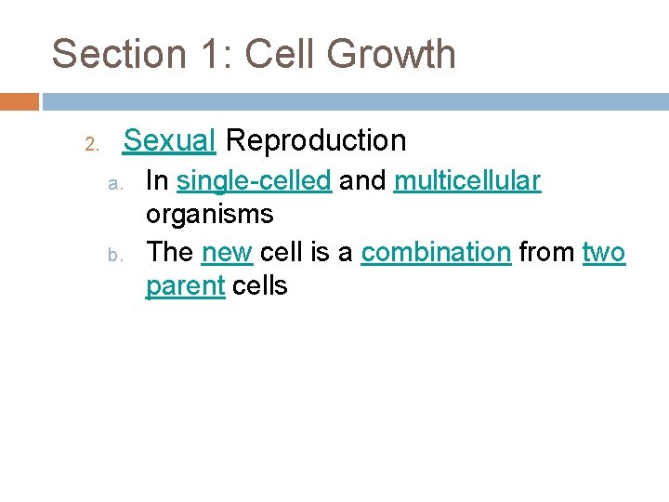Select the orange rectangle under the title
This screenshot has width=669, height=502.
tap(20, 101)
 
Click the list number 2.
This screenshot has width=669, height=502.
tap(91, 144)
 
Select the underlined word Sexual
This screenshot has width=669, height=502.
tap(170, 140)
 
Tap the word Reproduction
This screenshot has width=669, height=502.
tap(316, 140)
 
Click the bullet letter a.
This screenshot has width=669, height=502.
tap(113, 183)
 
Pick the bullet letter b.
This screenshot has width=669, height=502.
tap(113, 255)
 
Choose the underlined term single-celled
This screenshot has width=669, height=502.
tap(254, 180)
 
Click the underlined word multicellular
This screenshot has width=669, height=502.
tap(466, 180)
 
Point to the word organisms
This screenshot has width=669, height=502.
tap(209, 215)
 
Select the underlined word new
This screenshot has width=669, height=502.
tap(227, 252)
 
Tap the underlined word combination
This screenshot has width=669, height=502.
tap(436, 252)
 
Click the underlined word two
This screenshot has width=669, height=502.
tap(604, 252)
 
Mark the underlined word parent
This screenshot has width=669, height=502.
tap(185, 286)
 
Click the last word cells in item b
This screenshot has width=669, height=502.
tap(260, 286)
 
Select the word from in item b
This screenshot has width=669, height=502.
tap(546, 252)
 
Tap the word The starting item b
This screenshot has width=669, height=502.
tap(169, 252)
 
